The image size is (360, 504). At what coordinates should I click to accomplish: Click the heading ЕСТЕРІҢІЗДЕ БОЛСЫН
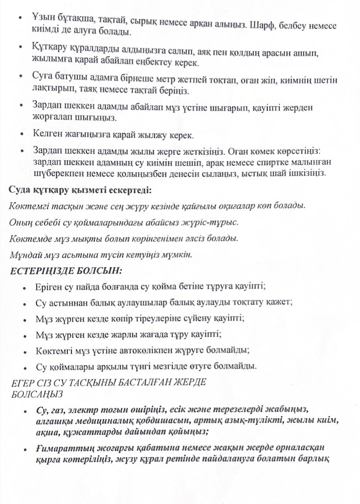[66, 271]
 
